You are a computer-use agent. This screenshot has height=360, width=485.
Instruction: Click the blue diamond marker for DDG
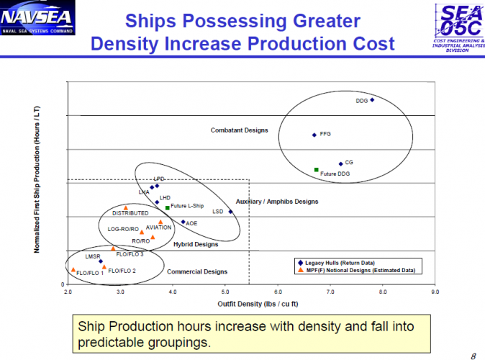click(x=372, y=99)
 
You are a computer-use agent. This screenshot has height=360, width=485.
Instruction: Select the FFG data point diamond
click(x=314, y=135)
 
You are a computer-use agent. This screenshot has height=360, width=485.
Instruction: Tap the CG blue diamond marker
click(x=341, y=163)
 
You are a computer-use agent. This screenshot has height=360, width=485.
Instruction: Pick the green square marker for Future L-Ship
click(x=168, y=207)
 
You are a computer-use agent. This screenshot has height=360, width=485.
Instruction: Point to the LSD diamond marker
click(x=230, y=212)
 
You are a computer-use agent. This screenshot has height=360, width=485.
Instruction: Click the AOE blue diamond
click(x=183, y=222)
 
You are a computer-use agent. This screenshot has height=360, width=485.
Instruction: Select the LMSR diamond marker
click(x=101, y=261)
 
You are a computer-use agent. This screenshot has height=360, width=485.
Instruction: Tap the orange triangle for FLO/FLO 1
click(x=73, y=269)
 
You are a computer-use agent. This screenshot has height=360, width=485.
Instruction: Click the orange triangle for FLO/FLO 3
click(x=113, y=249)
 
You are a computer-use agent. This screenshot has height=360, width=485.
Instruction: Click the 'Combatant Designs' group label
click(x=239, y=130)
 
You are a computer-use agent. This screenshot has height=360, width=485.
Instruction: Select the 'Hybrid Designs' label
click(x=196, y=244)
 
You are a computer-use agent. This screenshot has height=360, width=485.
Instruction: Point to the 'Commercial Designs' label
click(x=197, y=271)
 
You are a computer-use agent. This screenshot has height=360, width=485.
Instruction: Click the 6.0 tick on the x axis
click(x=278, y=292)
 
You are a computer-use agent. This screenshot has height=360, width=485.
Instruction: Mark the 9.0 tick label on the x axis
click(x=435, y=292)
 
